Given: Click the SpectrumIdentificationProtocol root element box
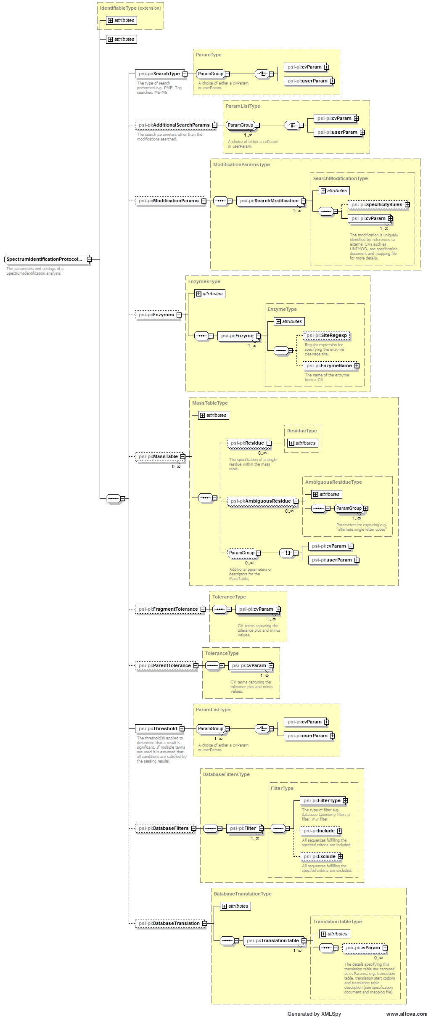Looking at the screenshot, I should [x=45, y=259].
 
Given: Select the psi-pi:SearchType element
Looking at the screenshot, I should [x=159, y=74].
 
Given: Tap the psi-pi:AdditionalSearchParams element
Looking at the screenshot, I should [x=174, y=125].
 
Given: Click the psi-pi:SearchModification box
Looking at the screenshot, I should [x=269, y=201].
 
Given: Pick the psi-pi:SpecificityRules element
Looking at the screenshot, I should [x=376, y=204].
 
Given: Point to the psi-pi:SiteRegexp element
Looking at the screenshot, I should [x=326, y=335].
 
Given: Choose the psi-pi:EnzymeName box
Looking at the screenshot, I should [x=329, y=365].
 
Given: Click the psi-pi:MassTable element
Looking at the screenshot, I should [x=158, y=456].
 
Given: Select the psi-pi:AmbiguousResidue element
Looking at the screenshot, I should [x=260, y=501].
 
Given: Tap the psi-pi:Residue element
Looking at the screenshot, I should [x=247, y=443].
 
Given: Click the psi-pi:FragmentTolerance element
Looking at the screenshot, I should [x=168, y=609].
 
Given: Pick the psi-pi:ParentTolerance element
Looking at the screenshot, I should [x=164, y=665].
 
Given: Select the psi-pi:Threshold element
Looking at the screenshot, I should [x=158, y=728].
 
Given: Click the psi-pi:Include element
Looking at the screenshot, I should [x=319, y=831].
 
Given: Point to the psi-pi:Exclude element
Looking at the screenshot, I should [x=319, y=856].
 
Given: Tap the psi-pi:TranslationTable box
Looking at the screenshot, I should [x=272, y=940].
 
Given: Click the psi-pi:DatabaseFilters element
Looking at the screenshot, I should [x=163, y=828].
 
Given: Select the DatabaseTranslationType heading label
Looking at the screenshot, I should [x=243, y=894].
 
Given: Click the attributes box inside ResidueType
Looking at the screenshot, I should [x=302, y=443].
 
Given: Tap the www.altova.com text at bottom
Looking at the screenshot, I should [x=406, y=1014].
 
